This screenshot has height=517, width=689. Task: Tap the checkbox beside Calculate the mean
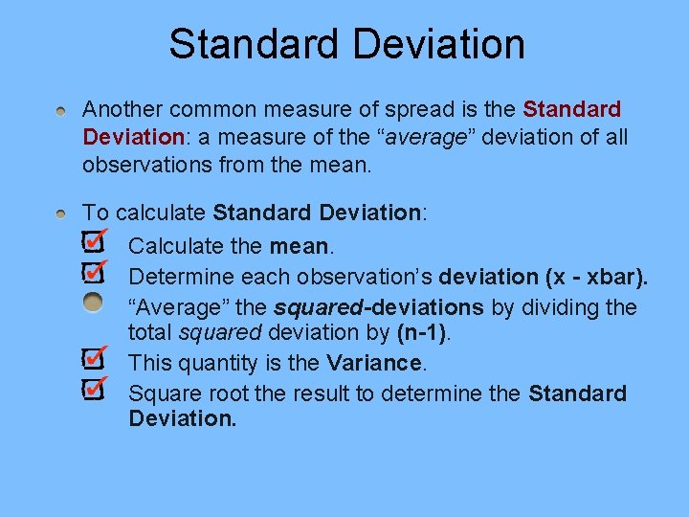tap(92, 240)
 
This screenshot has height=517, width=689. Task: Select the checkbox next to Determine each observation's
tap(92, 272)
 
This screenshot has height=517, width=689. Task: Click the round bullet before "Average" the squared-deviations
tap(92, 303)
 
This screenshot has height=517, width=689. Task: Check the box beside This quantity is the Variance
tap(92, 359)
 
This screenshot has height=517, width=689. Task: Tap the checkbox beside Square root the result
tap(92, 389)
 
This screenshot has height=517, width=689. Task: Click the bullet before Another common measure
tap(60, 112)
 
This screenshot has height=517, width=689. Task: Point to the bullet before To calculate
tap(60, 214)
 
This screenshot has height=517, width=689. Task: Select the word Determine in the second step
tap(177, 278)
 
